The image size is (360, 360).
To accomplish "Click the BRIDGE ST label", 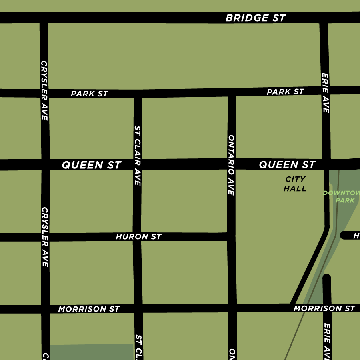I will (256, 18).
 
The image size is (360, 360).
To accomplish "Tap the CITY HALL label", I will (295, 184).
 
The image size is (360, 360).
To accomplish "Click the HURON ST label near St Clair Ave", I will (138, 237).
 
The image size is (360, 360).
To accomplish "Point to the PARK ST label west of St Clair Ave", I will (89, 94).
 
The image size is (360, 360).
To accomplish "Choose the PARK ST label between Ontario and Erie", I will (285, 92).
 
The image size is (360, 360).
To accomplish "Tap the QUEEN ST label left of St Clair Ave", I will (91, 165).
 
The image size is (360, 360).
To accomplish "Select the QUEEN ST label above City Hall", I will (287, 164).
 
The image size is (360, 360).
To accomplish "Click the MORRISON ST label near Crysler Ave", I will (89, 309).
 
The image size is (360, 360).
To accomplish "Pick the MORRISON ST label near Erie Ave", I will (324, 308).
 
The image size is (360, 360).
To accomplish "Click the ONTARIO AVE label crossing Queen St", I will (231, 165).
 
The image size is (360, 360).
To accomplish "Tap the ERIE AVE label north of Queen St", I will (325, 93).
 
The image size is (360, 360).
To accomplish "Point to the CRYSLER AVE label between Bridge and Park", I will (44, 90).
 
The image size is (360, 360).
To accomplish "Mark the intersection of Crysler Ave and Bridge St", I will (44, 18).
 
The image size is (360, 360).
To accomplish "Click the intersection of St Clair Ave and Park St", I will (138, 94).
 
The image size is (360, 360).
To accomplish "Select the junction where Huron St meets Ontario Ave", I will (231, 237).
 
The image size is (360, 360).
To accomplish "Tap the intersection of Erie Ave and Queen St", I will (326, 164).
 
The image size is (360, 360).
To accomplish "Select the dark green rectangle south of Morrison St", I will (92, 352).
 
